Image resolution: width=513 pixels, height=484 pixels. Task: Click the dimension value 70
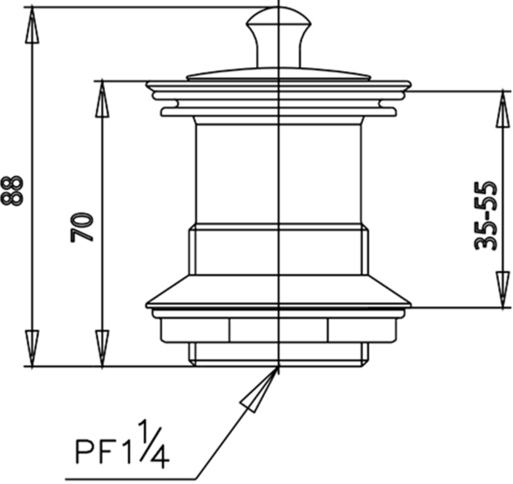pos(83,227)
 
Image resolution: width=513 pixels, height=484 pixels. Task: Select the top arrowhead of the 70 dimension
pos(101,99)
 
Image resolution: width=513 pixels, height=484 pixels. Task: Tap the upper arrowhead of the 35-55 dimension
pos(502,108)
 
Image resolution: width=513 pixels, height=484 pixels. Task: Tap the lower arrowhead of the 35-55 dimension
pos(502,289)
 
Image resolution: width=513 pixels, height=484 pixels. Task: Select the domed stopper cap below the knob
pos(279,73)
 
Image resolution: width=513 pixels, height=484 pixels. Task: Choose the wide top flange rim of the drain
pos(279,86)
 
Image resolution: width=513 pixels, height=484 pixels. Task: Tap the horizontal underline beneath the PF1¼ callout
pos(131,478)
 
